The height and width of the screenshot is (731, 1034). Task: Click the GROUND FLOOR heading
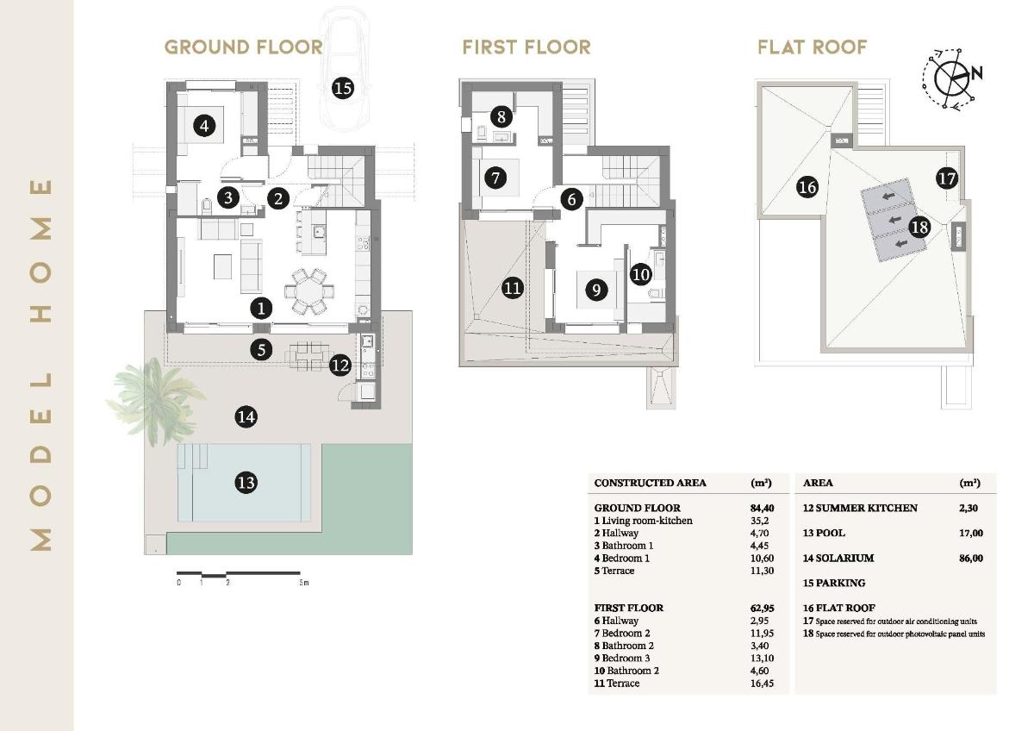tap(244, 47)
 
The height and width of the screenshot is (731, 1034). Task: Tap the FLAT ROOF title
tap(812, 47)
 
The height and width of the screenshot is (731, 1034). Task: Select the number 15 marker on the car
tap(342, 87)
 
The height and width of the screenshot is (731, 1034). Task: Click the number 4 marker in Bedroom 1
tap(204, 127)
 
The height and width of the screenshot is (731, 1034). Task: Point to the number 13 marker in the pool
tap(246, 482)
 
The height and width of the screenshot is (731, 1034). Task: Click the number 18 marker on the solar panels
tap(919, 227)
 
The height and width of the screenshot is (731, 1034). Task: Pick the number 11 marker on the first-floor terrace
tap(513, 287)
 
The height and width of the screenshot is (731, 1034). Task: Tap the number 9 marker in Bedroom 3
tap(595, 290)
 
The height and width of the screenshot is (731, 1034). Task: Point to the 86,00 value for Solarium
tap(970, 558)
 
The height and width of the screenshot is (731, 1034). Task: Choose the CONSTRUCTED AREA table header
tap(650, 483)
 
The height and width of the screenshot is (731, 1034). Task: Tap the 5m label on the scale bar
tap(303, 584)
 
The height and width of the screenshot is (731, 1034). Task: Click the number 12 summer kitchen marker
tap(340, 365)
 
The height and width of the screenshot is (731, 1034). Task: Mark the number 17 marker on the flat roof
tap(946, 178)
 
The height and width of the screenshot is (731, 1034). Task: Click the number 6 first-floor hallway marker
tap(570, 199)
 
